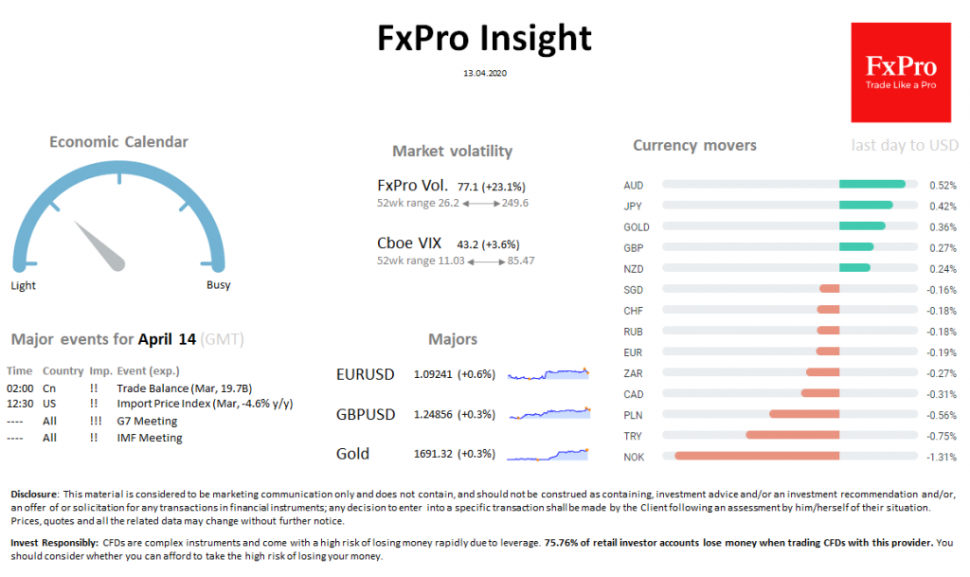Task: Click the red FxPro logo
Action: pos(900,73)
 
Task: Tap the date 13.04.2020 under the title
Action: pos(484,73)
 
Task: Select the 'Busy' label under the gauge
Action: pos(218,285)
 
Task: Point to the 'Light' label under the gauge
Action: pos(24,285)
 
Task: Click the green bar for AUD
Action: pos(872,185)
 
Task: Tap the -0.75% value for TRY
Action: pos(942,436)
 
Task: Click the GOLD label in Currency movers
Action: pos(637,227)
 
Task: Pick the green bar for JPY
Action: pos(866,206)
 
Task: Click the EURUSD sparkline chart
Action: pos(548,374)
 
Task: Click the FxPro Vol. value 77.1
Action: pos(468,188)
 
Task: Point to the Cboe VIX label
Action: pos(409,243)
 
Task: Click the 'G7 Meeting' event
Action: pos(147,421)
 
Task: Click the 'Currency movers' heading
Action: pos(694,146)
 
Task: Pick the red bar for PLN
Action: pos(804,415)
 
